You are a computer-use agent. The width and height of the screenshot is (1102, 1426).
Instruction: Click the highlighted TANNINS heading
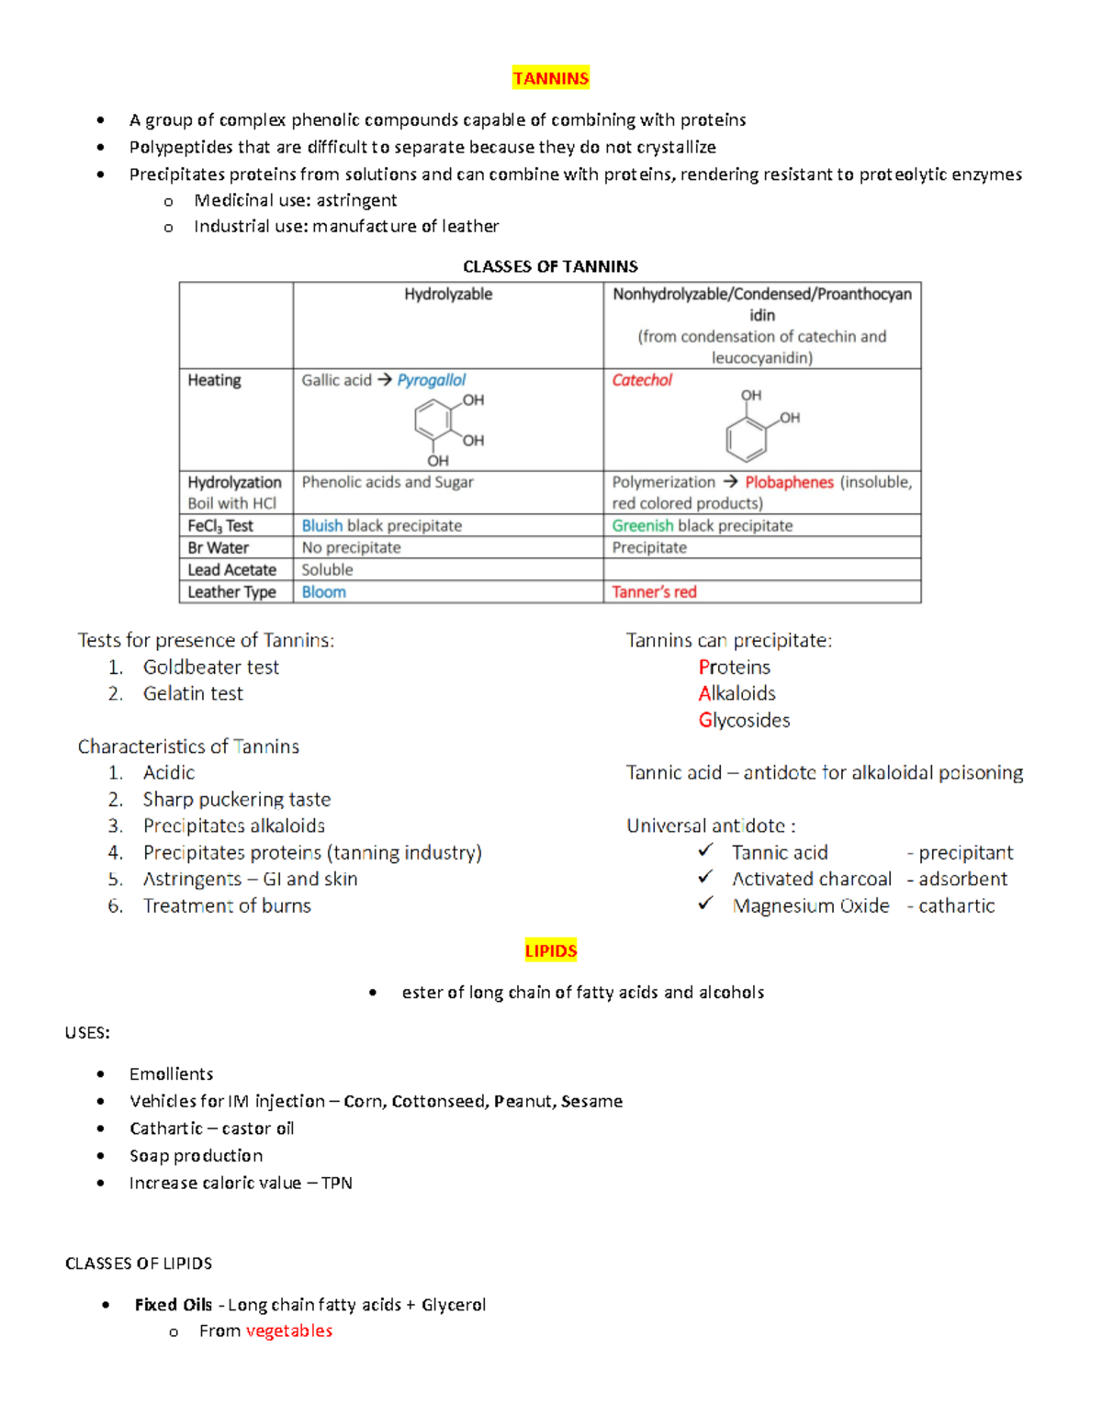[550, 79]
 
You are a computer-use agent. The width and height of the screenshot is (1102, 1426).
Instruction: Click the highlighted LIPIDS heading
[550, 951]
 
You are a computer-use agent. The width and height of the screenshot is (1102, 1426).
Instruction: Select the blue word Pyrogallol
[431, 380]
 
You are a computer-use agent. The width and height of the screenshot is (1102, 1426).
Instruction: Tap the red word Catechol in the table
[642, 380]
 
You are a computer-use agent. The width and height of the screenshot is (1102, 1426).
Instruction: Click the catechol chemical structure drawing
[759, 428]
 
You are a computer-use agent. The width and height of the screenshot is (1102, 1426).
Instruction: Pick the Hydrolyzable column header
[448, 294]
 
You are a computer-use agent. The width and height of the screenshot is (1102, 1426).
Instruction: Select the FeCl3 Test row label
[220, 526]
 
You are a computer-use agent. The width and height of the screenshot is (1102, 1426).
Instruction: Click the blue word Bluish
[321, 526]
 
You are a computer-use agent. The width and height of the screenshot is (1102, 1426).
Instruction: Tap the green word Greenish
[642, 526]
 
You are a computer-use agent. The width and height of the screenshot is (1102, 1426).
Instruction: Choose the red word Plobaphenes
[789, 483]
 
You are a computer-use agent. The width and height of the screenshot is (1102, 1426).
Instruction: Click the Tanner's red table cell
[654, 592]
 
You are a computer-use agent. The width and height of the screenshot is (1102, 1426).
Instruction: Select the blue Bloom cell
[324, 592]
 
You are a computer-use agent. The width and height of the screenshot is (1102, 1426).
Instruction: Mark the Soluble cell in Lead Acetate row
[327, 570]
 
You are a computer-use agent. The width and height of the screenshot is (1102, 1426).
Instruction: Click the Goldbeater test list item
[210, 668]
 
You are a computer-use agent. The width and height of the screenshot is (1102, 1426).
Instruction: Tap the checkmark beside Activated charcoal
[705, 878]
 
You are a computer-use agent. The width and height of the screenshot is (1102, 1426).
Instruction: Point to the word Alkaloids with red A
[737, 694]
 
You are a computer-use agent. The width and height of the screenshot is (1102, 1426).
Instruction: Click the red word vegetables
[288, 1331]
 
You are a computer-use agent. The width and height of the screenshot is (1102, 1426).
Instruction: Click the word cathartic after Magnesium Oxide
[956, 906]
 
